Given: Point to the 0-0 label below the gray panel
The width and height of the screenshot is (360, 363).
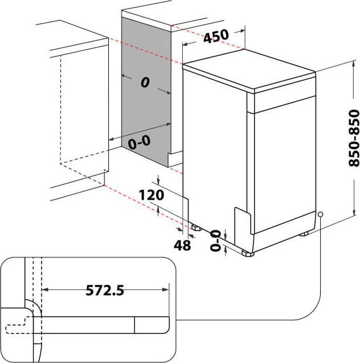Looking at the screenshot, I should [140, 141].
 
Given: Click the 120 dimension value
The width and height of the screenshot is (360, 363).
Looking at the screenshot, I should [152, 195].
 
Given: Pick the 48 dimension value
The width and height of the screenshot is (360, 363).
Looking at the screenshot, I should [182, 245].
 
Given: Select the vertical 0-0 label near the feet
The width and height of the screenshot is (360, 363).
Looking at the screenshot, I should [215, 239].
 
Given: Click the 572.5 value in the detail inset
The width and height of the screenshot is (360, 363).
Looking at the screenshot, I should [104, 291].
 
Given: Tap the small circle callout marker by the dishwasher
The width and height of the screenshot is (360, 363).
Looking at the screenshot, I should [321, 215].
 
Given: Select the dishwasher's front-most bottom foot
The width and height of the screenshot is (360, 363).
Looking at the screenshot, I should [247, 252].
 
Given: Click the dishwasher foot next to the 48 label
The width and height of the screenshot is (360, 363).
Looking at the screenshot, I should [196, 227].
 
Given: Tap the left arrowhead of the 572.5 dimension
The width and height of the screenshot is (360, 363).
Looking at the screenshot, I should [46, 291].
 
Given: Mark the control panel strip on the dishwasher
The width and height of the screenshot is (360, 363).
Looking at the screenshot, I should [281, 100].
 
